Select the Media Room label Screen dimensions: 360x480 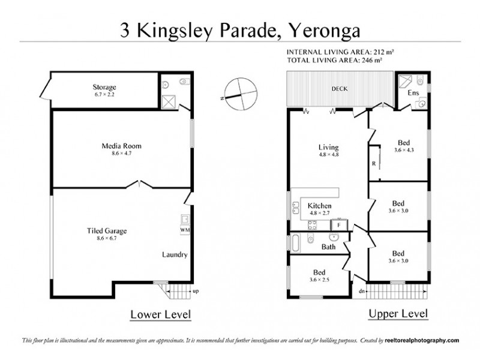pyautogui.click(x=121, y=146)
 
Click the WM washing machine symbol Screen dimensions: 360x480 pyautogui.click(x=184, y=230)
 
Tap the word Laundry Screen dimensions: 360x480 pyautogui.click(x=175, y=254)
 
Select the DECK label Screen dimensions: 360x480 pyautogui.click(x=340, y=89)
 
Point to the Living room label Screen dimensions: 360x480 pyautogui.click(x=328, y=147)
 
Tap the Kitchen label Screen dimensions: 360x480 pyautogui.click(x=320, y=206)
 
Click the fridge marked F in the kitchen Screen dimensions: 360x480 pyautogui.click(x=339, y=224)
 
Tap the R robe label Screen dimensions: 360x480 pyautogui.click(x=374, y=163)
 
